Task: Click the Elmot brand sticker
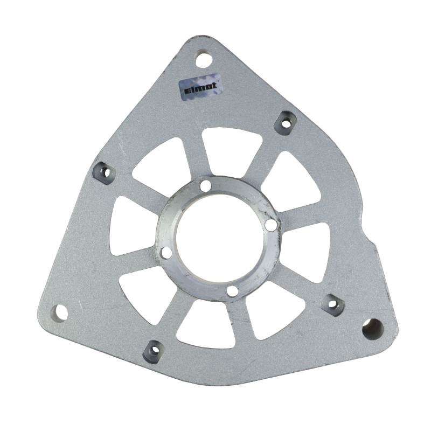coord(200,88)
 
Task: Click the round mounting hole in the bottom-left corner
coord(59,313)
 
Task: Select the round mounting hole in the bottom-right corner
coord(372,329)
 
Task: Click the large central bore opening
coord(220,238)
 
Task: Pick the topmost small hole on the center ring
coord(206,185)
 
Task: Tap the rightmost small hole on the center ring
coord(272,225)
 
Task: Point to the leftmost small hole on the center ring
coord(167,253)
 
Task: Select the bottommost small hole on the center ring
coord(233,291)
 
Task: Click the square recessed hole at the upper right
coord(286,123)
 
